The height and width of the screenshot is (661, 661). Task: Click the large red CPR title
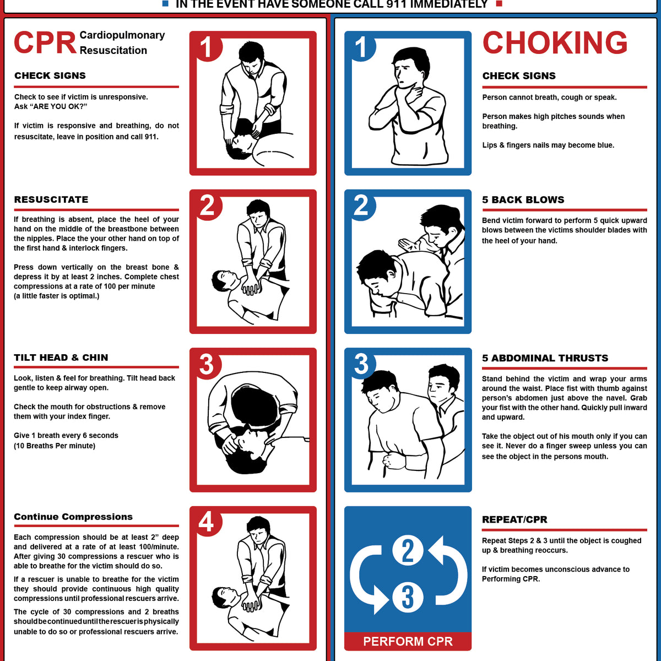click(x=45, y=43)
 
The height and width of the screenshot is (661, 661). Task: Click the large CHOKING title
click(x=555, y=43)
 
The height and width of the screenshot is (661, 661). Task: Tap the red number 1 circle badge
click(x=207, y=47)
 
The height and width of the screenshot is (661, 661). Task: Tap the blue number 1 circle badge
click(x=361, y=47)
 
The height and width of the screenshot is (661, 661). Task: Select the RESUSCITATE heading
click(x=51, y=199)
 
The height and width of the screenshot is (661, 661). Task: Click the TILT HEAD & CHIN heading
click(x=61, y=357)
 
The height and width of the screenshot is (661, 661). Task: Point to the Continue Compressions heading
click(x=73, y=517)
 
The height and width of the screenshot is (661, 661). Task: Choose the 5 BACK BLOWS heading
click(x=523, y=200)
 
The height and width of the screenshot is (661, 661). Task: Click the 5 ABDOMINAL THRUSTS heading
click(x=545, y=358)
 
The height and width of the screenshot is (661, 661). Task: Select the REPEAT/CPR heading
click(x=514, y=519)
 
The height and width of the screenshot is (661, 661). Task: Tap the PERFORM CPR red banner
click(x=408, y=641)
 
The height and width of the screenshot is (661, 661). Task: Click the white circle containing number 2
click(x=408, y=551)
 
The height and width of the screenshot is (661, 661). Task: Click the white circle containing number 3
click(x=408, y=597)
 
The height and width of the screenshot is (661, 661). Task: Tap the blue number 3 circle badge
click(x=361, y=364)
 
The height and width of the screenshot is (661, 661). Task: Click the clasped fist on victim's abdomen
click(x=395, y=460)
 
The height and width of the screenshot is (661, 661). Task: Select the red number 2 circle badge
click(x=207, y=205)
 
